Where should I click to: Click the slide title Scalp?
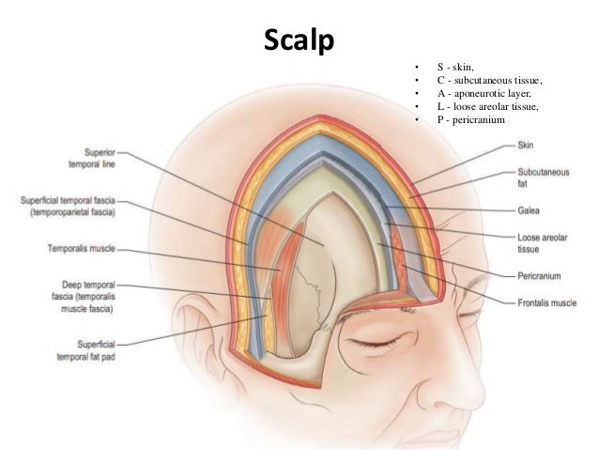point(299,43)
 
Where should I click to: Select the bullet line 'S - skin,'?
point(461,68)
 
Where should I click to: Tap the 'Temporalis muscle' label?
point(81,250)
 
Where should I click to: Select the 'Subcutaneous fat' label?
point(543,178)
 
